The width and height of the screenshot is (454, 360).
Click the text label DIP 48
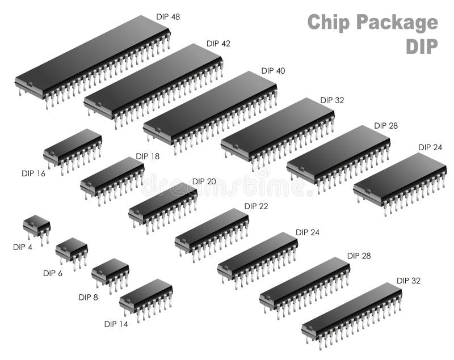(x=168, y=17)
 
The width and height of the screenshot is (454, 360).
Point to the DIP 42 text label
(x=218, y=44)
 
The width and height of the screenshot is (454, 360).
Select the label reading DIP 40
(x=273, y=71)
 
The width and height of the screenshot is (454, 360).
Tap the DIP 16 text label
(x=33, y=173)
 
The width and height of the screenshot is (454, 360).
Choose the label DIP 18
(x=148, y=156)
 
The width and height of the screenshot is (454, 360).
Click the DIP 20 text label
(x=204, y=181)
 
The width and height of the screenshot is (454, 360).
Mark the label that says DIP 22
(x=256, y=206)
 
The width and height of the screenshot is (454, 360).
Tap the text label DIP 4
(x=23, y=247)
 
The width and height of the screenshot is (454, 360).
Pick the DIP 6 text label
(x=53, y=273)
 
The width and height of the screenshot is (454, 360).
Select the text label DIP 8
(x=89, y=297)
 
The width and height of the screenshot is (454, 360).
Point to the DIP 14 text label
(x=116, y=324)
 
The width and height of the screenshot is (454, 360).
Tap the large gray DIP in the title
(x=422, y=47)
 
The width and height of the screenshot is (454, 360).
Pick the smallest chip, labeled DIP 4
(x=36, y=223)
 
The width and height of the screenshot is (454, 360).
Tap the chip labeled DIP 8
(x=110, y=270)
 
